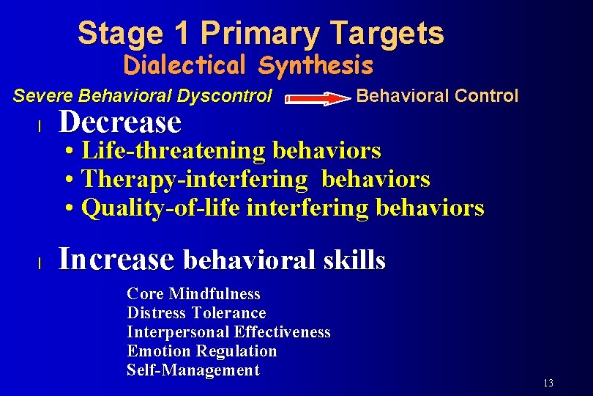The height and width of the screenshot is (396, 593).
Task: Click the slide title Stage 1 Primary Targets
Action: pyautogui.click(x=261, y=34)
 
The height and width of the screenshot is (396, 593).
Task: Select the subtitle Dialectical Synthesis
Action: pyautogui.click(x=248, y=66)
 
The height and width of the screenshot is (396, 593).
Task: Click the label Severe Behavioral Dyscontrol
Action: pyautogui.click(x=143, y=96)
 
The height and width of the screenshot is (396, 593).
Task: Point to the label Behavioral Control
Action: pyautogui.click(x=436, y=96)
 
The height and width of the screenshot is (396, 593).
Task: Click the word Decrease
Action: pyautogui.click(x=119, y=122)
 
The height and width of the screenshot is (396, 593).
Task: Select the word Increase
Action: pyautogui.click(x=116, y=259)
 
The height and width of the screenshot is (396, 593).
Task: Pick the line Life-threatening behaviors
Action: pyautogui.click(x=223, y=151)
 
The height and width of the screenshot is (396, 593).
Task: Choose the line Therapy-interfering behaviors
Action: pyautogui.click(x=247, y=179)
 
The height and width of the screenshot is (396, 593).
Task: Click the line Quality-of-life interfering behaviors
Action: pyautogui.click(x=274, y=208)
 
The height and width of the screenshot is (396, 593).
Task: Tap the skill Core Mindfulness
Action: pyautogui.click(x=193, y=294)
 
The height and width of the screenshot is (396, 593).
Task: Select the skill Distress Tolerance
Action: pyautogui.click(x=196, y=313)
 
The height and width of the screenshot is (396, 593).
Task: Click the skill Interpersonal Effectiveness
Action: pyautogui.click(x=228, y=332)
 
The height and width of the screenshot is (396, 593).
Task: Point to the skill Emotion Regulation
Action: pyautogui.click(x=201, y=351)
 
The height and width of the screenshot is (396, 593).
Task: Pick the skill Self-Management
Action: pyautogui.click(x=193, y=370)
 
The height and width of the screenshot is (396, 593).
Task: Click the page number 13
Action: pyautogui.click(x=548, y=384)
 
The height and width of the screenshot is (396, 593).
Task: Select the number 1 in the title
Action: pyautogui.click(x=182, y=34)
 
